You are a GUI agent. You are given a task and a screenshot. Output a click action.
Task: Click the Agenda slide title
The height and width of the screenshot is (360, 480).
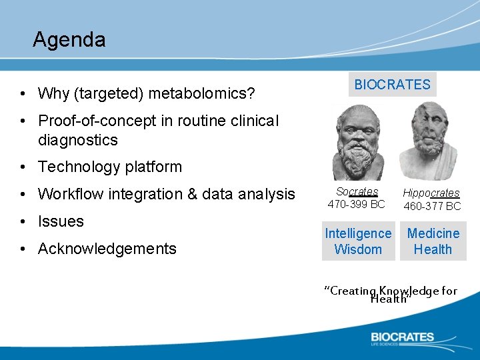69,40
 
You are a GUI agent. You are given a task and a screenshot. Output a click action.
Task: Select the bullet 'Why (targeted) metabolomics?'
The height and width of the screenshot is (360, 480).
146,93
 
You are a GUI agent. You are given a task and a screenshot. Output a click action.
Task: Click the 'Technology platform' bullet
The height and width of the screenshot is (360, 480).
109,167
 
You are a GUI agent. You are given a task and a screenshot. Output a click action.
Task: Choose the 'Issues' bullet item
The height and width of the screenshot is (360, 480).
61,221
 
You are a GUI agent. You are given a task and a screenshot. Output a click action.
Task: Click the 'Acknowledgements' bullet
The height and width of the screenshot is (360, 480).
107,249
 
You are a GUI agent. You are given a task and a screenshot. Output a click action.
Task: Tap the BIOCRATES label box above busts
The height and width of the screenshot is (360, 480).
392,85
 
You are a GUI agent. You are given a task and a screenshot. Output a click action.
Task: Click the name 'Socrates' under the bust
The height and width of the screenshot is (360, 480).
357,192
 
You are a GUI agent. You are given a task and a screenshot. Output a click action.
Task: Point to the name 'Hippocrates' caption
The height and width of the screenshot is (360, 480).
431,193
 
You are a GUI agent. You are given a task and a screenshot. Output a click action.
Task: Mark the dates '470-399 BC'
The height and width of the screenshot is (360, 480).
357,205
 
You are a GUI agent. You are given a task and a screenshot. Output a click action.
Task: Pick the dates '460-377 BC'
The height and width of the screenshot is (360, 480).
432,206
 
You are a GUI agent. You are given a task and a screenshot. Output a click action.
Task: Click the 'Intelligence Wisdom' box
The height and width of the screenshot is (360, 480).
358,241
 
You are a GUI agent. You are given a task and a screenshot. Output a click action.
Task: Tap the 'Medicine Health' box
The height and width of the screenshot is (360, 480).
433,241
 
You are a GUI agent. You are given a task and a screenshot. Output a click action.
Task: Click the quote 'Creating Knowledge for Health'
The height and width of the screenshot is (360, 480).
390,294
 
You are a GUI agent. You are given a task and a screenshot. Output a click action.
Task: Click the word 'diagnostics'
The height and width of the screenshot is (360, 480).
77,140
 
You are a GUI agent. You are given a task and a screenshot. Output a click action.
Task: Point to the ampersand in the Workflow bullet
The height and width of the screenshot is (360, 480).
195,194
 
